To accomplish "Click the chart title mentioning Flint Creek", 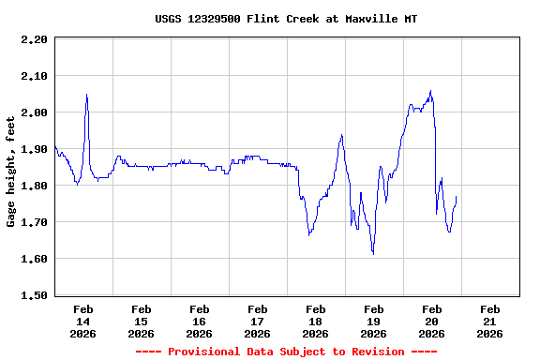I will coord(286,19).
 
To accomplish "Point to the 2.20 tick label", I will coord(33,39).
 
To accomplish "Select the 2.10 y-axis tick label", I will coord(33,76).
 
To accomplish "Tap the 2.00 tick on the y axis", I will coord(33,112).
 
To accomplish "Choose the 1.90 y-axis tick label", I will coord(33,149).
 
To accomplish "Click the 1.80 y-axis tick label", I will coord(33,186).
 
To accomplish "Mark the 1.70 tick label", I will coord(33,222).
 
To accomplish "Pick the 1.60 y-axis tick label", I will coord(33,259).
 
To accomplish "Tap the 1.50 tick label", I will coord(33,295).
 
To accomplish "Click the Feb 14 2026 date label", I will coord(82,321).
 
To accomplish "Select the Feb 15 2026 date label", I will coord(141,321).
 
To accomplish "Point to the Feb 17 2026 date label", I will coord(257,321).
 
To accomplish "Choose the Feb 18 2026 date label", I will coord(315,321).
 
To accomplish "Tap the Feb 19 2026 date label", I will coord(373,321).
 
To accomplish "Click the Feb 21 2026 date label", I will coord(489,321).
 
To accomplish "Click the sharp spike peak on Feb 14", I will coord(86,94).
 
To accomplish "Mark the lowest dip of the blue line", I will coord(373,253).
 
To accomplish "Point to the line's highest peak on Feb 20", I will coord(430,91).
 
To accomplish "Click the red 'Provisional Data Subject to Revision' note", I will coord(286,352).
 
